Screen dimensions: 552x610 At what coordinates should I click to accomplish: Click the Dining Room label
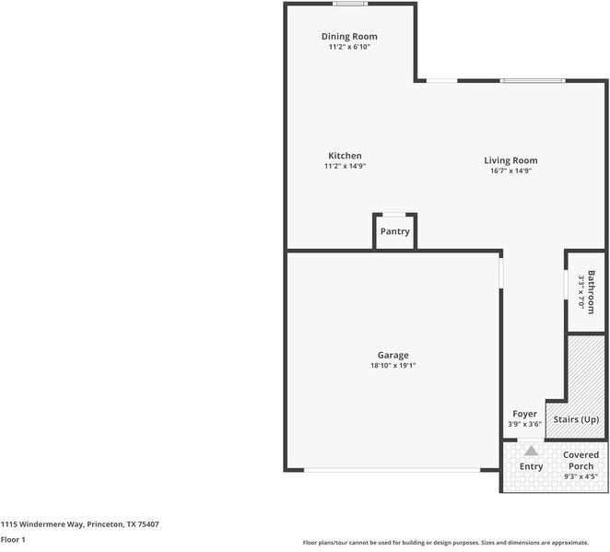coord(349,37)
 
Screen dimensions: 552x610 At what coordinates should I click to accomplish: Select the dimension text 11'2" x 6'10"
coord(349,47)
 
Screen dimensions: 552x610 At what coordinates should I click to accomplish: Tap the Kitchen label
coord(345,156)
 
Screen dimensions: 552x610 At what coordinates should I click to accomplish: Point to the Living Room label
coord(510,160)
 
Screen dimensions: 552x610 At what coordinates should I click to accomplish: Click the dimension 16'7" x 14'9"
coord(510,170)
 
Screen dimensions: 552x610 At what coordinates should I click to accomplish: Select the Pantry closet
coord(394,231)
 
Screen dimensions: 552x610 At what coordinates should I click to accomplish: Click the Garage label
coord(393,355)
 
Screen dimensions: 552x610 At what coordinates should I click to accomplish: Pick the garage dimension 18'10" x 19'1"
coord(393,366)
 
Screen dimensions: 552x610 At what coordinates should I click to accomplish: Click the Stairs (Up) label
coord(576,419)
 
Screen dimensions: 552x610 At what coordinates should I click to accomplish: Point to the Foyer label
coord(524,415)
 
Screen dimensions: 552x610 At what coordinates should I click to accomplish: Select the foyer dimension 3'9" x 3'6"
coord(524,425)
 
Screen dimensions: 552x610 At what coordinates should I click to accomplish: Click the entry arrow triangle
coord(531,451)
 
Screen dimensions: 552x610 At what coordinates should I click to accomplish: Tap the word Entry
coord(531,466)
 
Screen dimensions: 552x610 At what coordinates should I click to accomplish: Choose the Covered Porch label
coord(581,460)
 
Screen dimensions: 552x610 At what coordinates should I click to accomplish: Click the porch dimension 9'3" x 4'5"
coord(581,476)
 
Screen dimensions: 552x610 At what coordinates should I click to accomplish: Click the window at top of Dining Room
coord(349,4)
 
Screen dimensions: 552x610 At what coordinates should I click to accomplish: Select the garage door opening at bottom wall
coord(393,470)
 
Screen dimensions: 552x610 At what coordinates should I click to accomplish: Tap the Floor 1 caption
coord(13,539)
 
